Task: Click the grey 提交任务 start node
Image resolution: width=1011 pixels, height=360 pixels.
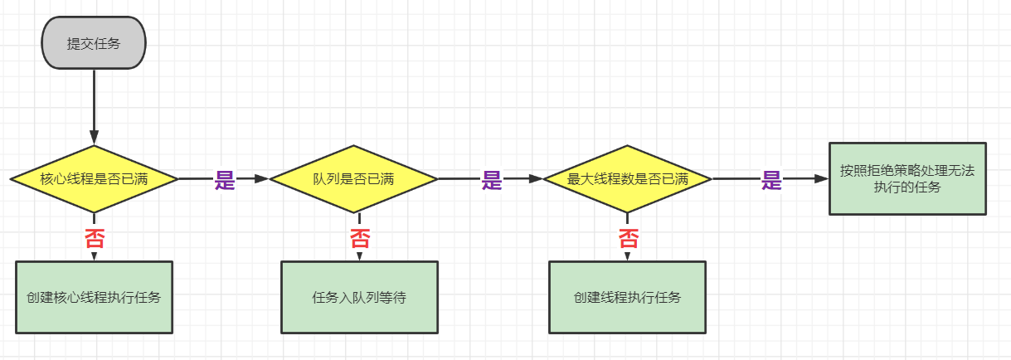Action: [x=94, y=44]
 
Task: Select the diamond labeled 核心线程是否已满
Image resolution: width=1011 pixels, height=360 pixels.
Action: [x=94, y=178]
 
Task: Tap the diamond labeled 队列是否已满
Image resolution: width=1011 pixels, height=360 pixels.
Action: [x=353, y=178]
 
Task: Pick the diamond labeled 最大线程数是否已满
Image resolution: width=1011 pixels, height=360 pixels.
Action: [x=627, y=178]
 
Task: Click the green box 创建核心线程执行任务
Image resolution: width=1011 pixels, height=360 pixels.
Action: [x=94, y=297]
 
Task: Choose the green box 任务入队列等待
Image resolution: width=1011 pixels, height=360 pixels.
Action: [x=358, y=297]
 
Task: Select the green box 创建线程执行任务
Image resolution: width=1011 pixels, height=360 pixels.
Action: [x=627, y=297]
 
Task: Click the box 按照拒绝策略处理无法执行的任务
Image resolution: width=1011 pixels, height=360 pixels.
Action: [x=907, y=178]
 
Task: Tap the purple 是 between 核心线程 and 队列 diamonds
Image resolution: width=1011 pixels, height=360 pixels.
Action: [x=225, y=180]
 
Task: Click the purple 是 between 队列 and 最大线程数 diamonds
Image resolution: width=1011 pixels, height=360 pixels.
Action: [x=493, y=180]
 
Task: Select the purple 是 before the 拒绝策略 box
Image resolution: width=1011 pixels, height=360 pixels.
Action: [x=772, y=180]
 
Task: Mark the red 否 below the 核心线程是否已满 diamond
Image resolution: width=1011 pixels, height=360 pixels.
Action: [x=94, y=239]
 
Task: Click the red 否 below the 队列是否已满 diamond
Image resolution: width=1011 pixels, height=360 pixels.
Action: [x=360, y=240]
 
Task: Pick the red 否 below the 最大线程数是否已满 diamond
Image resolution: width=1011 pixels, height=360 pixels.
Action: [x=629, y=240]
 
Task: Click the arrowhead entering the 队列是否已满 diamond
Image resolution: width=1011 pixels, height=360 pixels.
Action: [x=263, y=178]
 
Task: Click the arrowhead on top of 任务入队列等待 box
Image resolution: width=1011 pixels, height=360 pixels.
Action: [x=360, y=256]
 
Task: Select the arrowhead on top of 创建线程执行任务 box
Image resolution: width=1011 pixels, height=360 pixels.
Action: [x=628, y=256]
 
